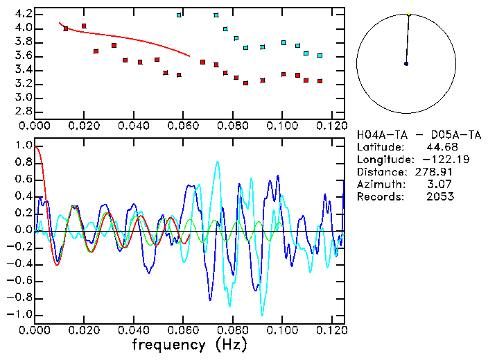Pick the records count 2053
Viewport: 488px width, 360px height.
pyautogui.click(x=440, y=196)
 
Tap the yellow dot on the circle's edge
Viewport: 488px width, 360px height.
pyautogui.click(x=409, y=14)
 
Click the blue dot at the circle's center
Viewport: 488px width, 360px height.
pyautogui.click(x=406, y=64)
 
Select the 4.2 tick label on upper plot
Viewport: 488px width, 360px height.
pyautogui.click(x=23, y=14)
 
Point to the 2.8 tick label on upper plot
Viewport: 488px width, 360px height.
pyautogui.click(x=23, y=111)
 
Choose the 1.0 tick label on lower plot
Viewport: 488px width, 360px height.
pyautogui.click(x=23, y=146)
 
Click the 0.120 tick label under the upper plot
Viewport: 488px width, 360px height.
pyautogui.click(x=331, y=126)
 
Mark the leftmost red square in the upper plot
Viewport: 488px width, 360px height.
pyautogui.click(x=66, y=29)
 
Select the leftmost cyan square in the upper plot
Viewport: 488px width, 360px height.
pyautogui.click(x=180, y=15)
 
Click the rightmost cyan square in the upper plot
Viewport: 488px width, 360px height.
pyautogui.click(x=320, y=55)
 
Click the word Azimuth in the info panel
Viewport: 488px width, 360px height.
pyautogui.click(x=378, y=184)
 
